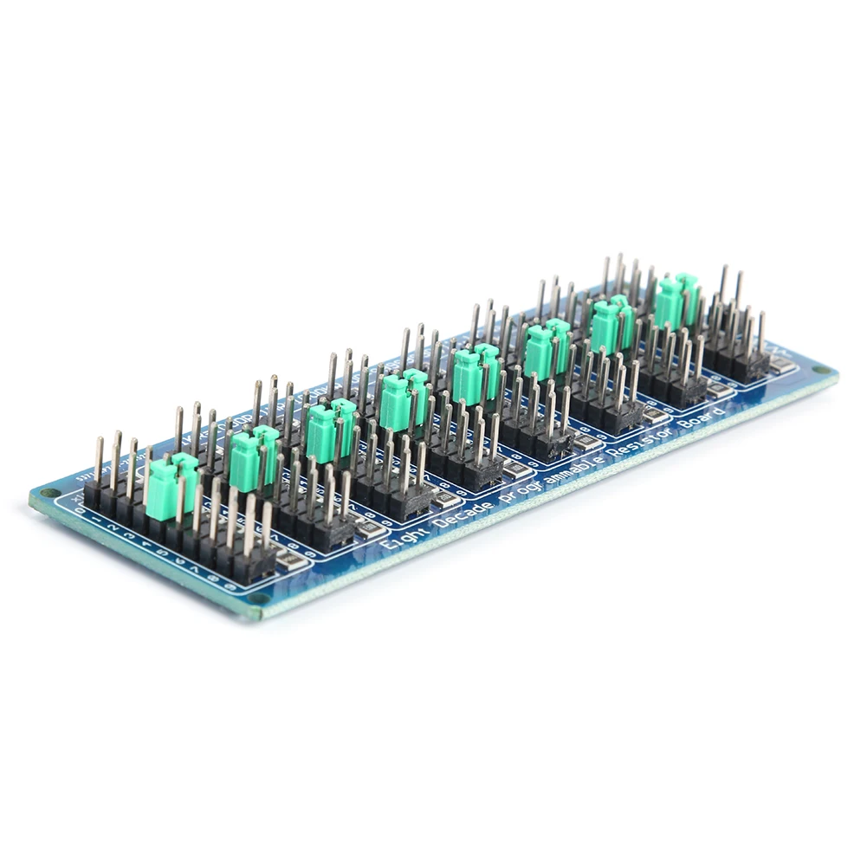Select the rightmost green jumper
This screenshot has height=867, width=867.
pyautogui.click(x=676, y=300)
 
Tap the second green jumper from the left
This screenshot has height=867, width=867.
pyautogui.click(x=254, y=456)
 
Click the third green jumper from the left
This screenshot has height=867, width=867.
pyautogui.click(x=330, y=430)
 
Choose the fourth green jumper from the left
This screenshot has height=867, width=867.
pyautogui.click(x=404, y=401)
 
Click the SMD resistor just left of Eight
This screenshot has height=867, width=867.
pyautogui.click(x=369, y=529)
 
